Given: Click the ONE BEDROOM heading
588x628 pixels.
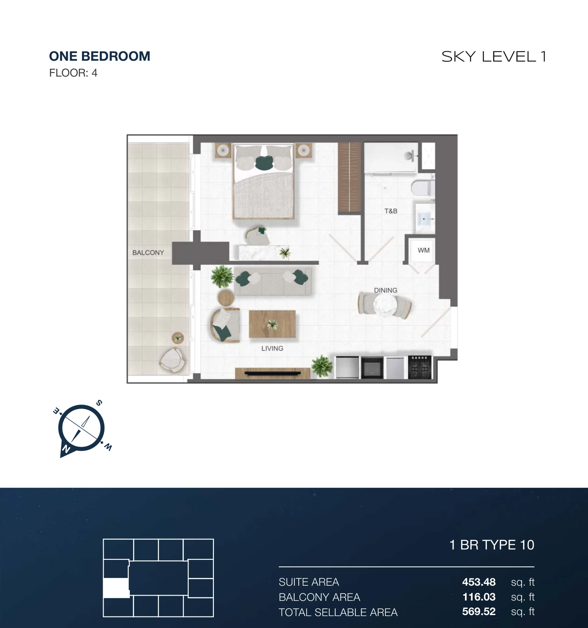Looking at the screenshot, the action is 100,56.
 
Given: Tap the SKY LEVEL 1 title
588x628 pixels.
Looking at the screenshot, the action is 494,57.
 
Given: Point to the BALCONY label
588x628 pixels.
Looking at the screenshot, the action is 148,252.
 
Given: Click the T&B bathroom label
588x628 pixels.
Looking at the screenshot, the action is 391,211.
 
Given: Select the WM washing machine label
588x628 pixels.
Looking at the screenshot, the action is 423,250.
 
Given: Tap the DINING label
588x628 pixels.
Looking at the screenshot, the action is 386,290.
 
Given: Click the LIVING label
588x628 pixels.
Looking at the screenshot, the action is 272,348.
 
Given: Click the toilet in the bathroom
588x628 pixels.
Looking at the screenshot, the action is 423,188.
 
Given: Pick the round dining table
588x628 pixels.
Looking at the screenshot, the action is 385,305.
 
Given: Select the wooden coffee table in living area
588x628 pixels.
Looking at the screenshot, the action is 272,324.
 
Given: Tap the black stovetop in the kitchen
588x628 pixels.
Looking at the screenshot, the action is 420,367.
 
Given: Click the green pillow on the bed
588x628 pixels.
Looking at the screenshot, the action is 264,163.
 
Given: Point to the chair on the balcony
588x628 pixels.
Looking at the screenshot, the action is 172,360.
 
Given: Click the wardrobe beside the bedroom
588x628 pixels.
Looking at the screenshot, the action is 349,177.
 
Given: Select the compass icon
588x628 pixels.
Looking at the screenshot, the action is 81,428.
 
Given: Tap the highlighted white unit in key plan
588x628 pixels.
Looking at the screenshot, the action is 116,588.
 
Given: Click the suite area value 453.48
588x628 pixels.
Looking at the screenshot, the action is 479,582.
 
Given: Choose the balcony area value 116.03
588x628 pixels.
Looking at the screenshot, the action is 479,597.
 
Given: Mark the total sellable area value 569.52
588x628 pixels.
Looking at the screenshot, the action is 479,612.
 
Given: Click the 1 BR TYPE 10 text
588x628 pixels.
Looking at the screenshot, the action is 492,545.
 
